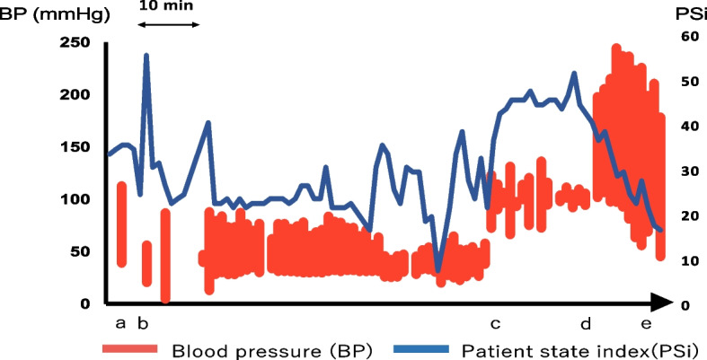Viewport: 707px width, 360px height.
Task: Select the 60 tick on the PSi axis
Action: (685, 38)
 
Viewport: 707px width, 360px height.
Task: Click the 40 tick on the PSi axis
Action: (685, 127)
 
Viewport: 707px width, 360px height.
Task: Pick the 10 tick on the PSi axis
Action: (685, 261)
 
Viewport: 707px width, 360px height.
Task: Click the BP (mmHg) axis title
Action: (54, 15)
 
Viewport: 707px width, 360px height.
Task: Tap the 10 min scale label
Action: (167, 5)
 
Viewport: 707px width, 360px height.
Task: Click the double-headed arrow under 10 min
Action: (168, 24)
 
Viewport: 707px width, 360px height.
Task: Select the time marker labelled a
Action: (120, 323)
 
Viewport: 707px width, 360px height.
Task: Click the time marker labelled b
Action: (143, 322)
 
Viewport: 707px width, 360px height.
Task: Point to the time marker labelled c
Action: (496, 323)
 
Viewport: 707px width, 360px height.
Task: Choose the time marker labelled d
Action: (585, 322)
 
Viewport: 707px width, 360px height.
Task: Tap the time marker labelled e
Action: (646, 323)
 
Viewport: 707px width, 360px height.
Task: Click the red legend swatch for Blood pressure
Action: (130, 348)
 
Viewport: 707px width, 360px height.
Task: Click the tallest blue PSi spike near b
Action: (146, 55)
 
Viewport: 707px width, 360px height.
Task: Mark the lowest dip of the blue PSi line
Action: (437, 271)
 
